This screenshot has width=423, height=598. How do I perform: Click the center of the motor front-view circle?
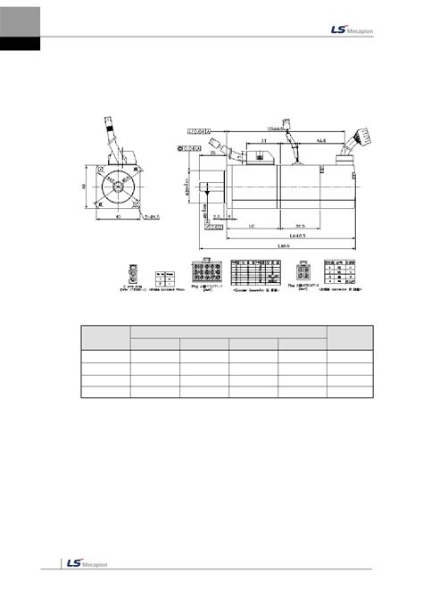pos(116,188)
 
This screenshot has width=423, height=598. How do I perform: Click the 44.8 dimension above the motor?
pos(319,140)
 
